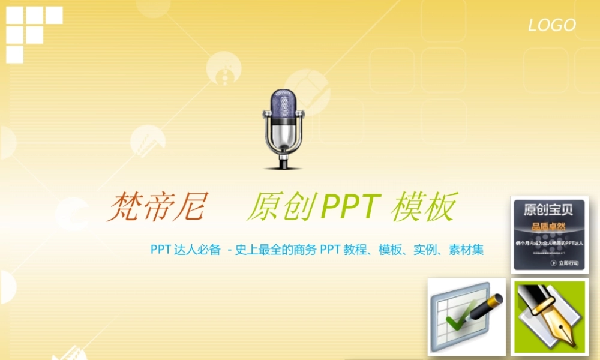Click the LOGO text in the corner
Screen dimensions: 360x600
[551, 25]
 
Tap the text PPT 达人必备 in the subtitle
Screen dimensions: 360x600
[185, 250]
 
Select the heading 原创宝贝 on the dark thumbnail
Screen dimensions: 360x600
[548, 210]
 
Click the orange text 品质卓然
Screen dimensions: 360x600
[548, 227]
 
